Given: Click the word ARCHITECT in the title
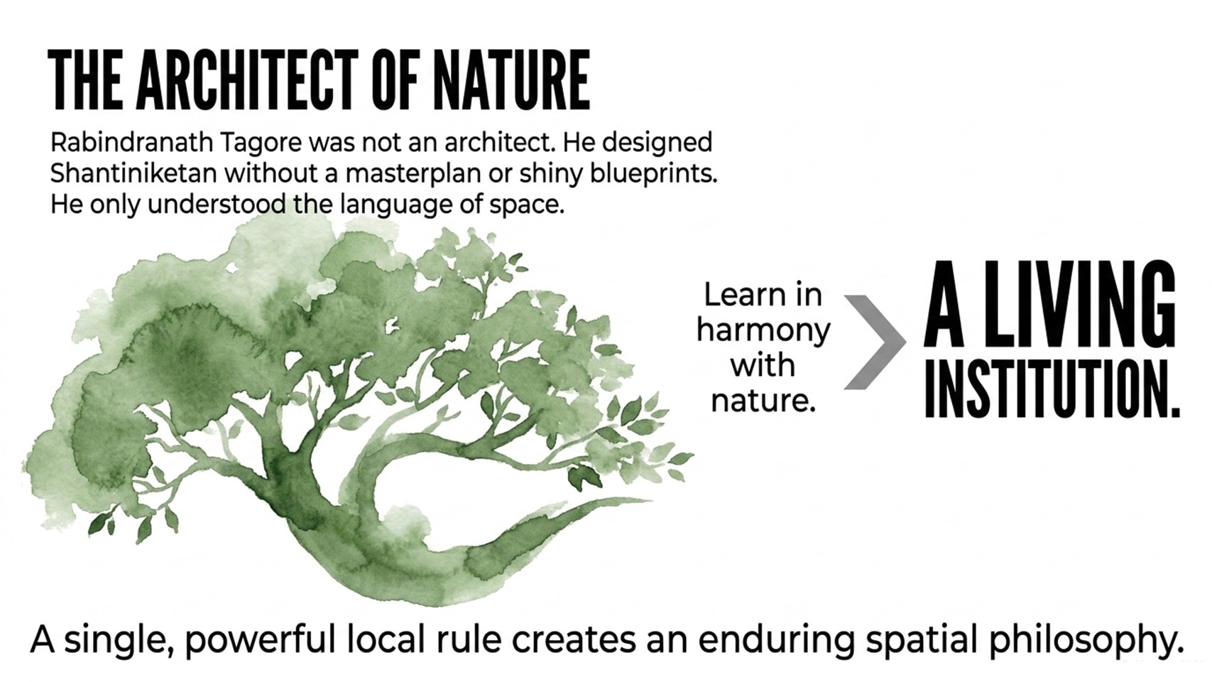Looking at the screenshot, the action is [x=246, y=80].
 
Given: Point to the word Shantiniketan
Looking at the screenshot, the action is [x=133, y=174].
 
